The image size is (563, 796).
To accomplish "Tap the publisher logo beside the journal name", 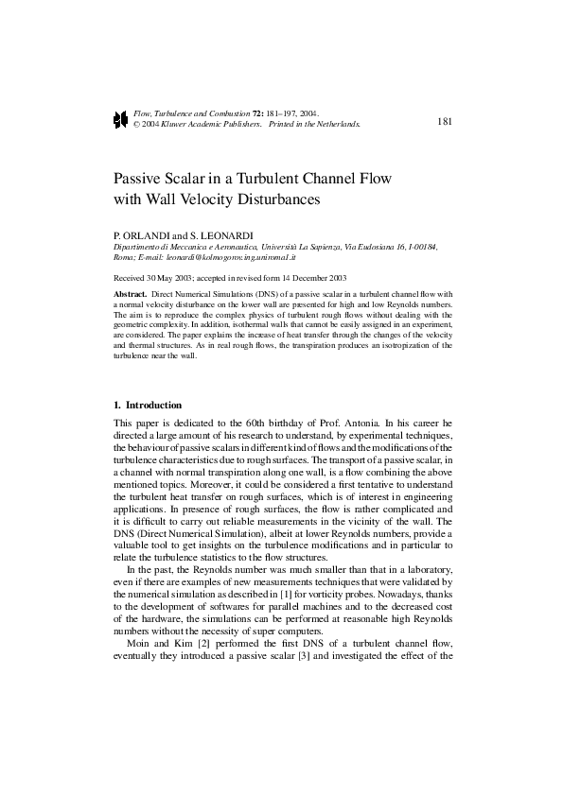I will coord(120,119).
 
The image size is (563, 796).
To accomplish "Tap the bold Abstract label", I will coord(130,295).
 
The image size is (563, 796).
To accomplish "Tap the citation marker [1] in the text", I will coord(268,581).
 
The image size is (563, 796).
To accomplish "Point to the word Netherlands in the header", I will coord(338,124).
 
